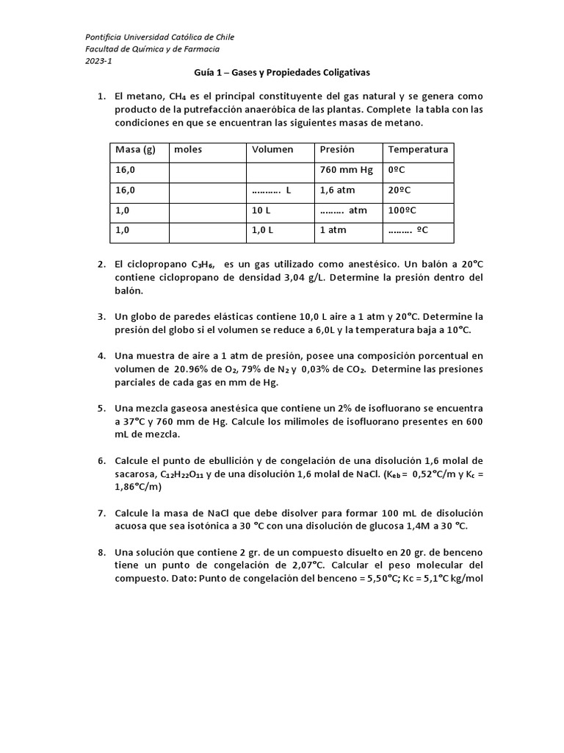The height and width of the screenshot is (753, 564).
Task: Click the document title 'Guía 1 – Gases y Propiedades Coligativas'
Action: tap(282, 73)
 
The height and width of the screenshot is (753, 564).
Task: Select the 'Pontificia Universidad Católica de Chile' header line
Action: tap(160, 37)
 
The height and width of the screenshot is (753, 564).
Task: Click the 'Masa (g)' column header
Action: tap(136, 150)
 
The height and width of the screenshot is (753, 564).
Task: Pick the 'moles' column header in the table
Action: tap(188, 150)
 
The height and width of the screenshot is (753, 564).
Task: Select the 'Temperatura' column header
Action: tap(418, 150)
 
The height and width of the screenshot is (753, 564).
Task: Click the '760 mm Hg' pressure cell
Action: tap(347, 170)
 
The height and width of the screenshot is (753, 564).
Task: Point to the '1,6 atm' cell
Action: tap(337, 190)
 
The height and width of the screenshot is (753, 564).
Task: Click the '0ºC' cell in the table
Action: tap(397, 170)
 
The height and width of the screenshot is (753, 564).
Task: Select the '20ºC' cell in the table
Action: tap(399, 190)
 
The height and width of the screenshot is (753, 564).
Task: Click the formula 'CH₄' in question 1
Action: tap(178, 96)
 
